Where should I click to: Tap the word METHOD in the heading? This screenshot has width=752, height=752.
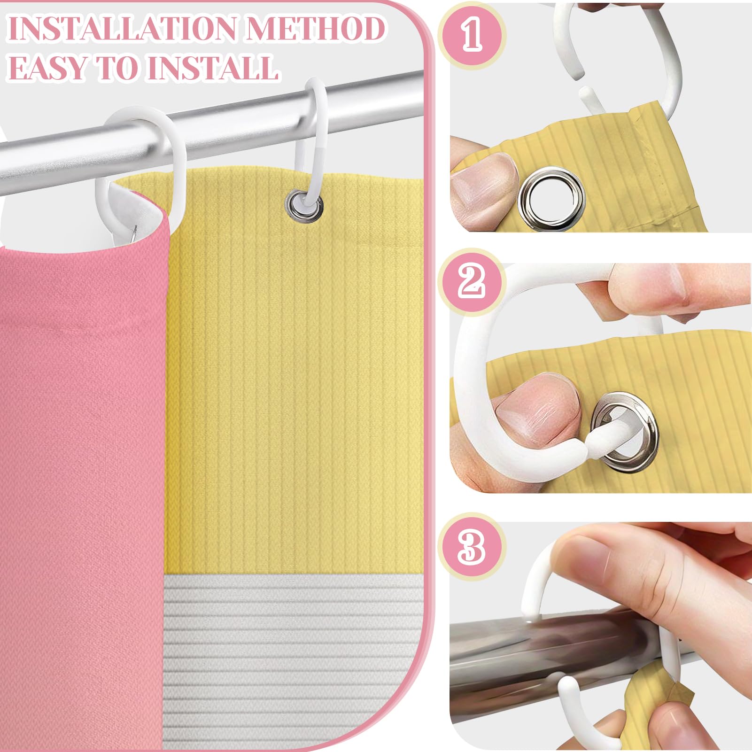pyautogui.click(x=316, y=29)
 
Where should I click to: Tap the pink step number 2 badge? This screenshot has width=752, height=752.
pyautogui.click(x=472, y=281)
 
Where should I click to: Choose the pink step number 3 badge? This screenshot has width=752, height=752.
pyautogui.click(x=472, y=547)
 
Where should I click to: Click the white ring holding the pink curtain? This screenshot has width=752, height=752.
pyautogui.click(x=136, y=164)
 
